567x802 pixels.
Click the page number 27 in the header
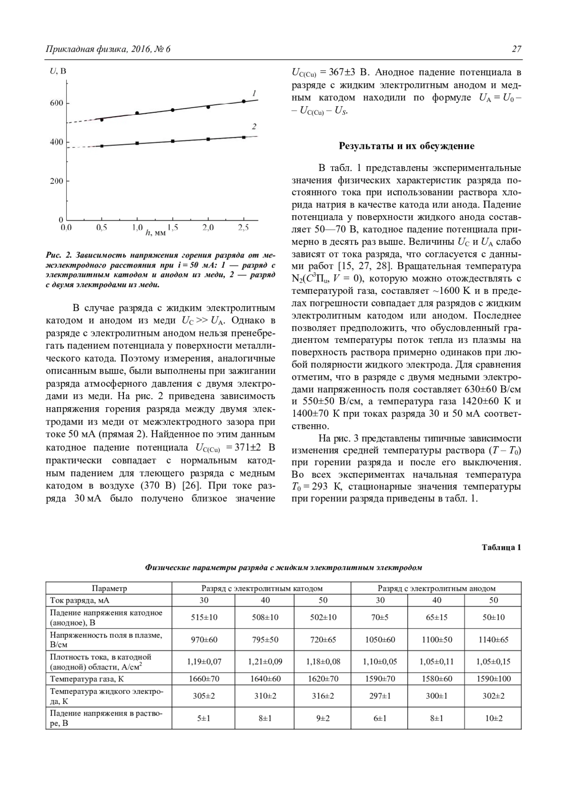516,49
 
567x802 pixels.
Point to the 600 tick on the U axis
57,103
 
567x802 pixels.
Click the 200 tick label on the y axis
57,181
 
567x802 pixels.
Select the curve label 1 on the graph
254,92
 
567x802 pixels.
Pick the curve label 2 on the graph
254,127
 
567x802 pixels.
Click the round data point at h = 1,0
137,113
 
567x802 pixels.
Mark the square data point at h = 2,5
243,137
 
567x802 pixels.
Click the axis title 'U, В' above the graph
58,71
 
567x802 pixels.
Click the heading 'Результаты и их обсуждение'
406,146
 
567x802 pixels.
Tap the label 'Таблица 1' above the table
501,548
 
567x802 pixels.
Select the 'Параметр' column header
109,589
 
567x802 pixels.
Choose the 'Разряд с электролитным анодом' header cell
436,589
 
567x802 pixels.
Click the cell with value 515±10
204,617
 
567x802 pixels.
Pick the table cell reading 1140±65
493,640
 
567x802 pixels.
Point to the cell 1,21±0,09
265,662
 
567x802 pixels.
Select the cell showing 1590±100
493,679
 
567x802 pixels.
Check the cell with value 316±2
323,696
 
